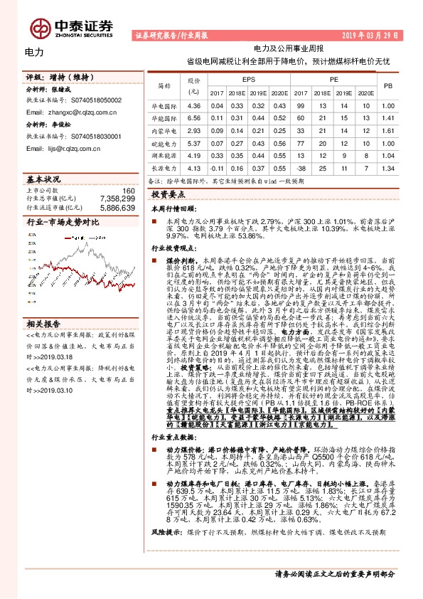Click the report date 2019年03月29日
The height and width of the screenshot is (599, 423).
(x=380, y=35)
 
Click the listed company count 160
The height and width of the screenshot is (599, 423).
(x=128, y=191)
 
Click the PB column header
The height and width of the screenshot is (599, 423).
(x=387, y=86)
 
